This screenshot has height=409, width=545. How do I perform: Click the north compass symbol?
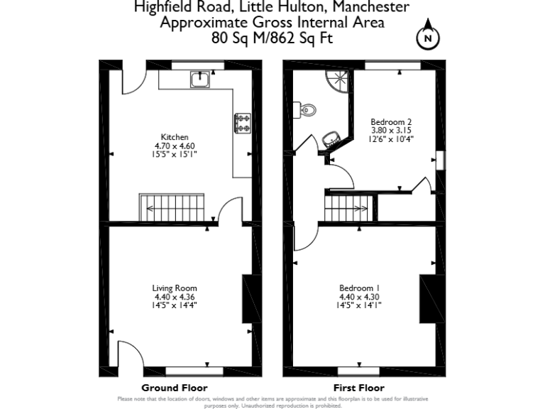427,39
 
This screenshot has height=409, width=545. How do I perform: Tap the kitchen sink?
199,80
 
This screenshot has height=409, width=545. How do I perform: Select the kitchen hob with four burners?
243,123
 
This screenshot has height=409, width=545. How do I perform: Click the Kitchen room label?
175,137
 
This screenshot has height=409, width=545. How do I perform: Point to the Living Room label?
175,288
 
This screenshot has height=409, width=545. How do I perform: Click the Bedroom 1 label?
359,288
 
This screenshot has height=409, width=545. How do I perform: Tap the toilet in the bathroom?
307,110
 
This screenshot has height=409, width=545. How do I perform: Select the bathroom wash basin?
331,138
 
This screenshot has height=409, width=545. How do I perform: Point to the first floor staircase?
347,209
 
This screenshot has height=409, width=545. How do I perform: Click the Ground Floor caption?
175,388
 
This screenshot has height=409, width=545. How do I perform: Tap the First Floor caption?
359,388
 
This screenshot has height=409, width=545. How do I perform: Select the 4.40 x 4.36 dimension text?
175,297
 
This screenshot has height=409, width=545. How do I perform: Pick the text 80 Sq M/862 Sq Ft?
272,38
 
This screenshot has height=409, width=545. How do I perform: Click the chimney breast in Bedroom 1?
429,298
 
